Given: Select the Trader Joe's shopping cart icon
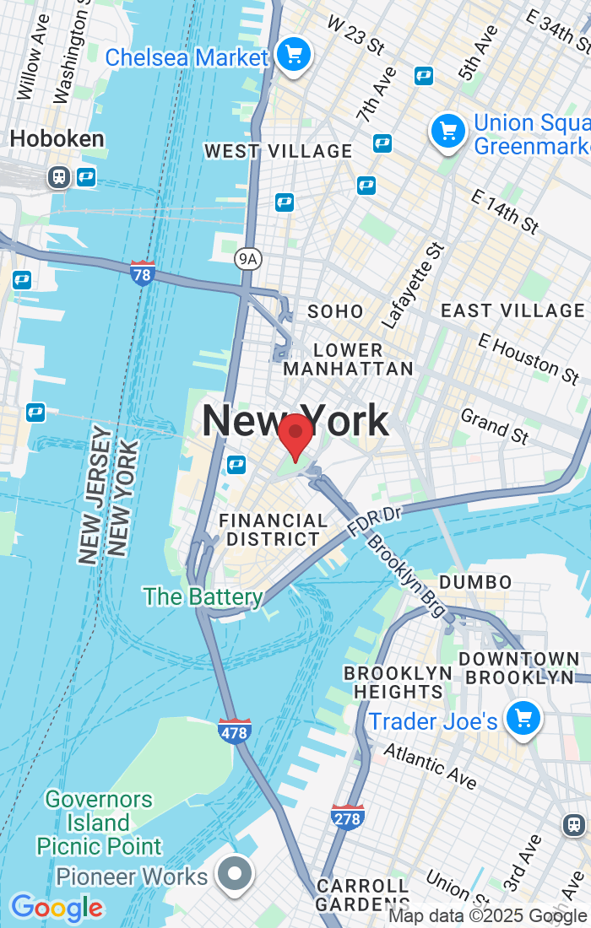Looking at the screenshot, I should pos(523,719).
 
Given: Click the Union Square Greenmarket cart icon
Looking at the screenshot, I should pos(447,132).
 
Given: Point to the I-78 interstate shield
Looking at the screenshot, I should pos(143,273).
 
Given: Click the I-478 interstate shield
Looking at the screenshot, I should pos(234,731).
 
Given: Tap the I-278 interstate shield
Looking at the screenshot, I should pos(348,817).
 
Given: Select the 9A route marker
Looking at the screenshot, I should pos(247,258).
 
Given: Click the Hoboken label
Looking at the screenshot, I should pos(57,139).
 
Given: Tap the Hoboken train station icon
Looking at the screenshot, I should pos(58,177).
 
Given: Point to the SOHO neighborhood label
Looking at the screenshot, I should pos(335,311).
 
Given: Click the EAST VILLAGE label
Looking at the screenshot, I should pos(512,310).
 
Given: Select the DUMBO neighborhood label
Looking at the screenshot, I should pos(475,582).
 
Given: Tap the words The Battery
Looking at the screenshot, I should pos(203,596).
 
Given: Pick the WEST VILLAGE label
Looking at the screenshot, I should pos(279,151).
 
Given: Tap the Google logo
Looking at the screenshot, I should pos(56,908).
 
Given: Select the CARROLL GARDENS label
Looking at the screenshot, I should pos(363,894).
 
